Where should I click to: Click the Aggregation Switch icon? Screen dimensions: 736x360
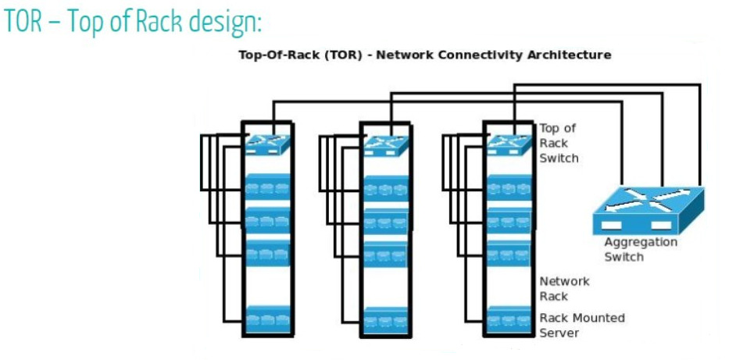coord(648,210)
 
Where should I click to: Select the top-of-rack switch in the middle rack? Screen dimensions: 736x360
coord(386,145)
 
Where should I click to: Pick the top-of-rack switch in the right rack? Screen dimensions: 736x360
coord(509,144)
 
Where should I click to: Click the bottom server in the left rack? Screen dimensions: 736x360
coord(267,319)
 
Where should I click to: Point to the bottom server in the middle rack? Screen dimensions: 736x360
coord(386,320)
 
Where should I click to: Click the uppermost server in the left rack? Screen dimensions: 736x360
coord(267,187)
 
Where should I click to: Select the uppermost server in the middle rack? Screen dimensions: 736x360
coord(386,188)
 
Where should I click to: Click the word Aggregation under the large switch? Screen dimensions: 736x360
coord(641,243)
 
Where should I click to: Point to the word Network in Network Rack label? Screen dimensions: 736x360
coord(564,282)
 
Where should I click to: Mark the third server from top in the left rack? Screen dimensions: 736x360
coord(267,254)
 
